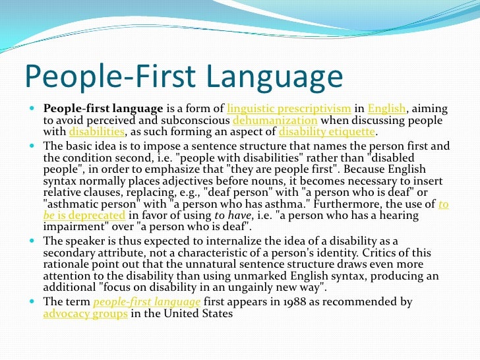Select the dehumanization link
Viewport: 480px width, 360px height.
[x=276, y=121]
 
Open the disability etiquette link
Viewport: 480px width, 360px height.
[x=326, y=132]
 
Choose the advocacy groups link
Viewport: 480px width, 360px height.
[x=85, y=313]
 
